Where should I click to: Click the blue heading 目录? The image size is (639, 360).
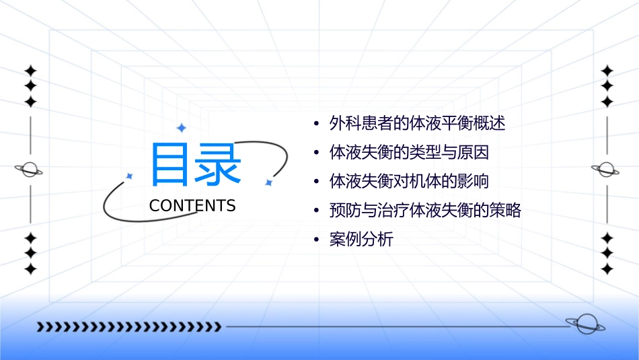click(x=195, y=165)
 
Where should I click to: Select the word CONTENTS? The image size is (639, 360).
click(x=192, y=206)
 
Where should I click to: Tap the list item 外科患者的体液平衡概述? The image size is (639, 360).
click(x=417, y=123)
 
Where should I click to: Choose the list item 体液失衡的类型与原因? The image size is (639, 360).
click(x=409, y=152)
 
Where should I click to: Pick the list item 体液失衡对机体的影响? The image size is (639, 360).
click(x=409, y=182)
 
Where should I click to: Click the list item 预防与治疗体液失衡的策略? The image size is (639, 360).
click(x=425, y=211)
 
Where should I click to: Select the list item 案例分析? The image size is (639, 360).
click(x=361, y=240)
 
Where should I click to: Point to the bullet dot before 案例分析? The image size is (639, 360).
click(x=316, y=240)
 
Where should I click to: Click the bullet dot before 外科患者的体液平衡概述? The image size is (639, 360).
click(x=316, y=124)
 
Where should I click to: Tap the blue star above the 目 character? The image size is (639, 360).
click(x=180, y=127)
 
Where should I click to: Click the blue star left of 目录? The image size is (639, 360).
click(x=129, y=176)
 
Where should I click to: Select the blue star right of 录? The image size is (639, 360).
click(x=268, y=182)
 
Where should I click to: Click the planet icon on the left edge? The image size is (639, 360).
click(x=30, y=170)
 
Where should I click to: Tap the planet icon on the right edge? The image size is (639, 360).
click(x=607, y=170)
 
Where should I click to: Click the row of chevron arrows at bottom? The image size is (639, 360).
click(x=128, y=327)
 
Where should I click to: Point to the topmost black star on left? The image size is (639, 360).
click(x=30, y=71)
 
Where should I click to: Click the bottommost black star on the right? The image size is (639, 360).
click(x=607, y=269)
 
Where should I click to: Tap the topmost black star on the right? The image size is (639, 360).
click(x=607, y=71)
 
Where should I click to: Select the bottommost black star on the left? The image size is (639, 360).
click(x=30, y=269)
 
